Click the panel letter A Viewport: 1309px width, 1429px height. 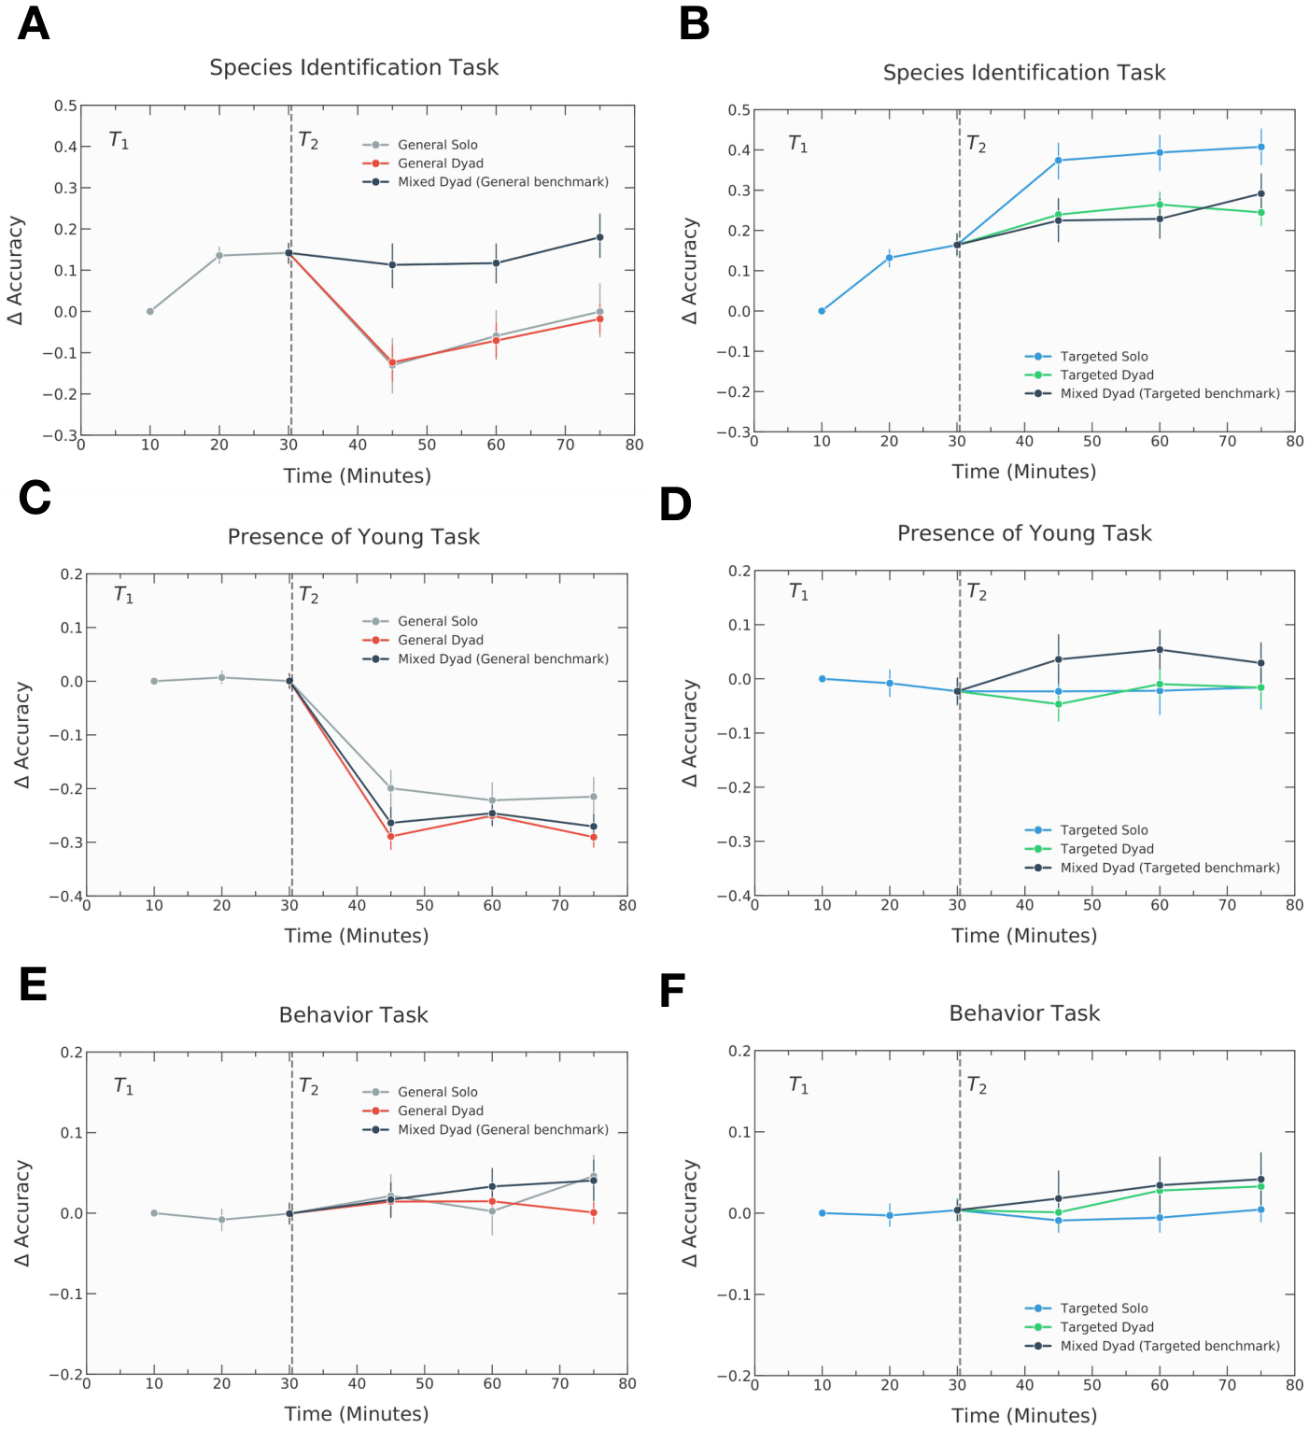(34, 23)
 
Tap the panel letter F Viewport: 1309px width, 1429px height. (672, 991)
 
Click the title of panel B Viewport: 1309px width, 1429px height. (1024, 73)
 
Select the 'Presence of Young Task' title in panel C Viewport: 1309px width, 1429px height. (354, 537)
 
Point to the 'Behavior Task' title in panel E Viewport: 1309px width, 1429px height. (354, 1015)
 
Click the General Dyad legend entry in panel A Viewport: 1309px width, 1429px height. (440, 163)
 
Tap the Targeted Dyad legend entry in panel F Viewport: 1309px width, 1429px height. (1106, 1327)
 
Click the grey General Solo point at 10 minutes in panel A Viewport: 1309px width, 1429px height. (150, 311)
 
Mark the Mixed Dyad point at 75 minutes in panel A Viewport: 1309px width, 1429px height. (600, 237)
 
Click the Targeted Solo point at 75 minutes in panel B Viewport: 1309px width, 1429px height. (1261, 147)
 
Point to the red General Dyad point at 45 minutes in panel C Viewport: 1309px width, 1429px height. (390, 836)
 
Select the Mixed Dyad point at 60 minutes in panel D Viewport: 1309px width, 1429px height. (1160, 650)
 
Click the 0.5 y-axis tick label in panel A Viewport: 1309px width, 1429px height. (65, 106)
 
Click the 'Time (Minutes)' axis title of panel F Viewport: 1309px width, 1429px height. (1024, 1415)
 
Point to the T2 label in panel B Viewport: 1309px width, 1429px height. (977, 144)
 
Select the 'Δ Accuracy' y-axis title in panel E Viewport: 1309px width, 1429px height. (22, 1212)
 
